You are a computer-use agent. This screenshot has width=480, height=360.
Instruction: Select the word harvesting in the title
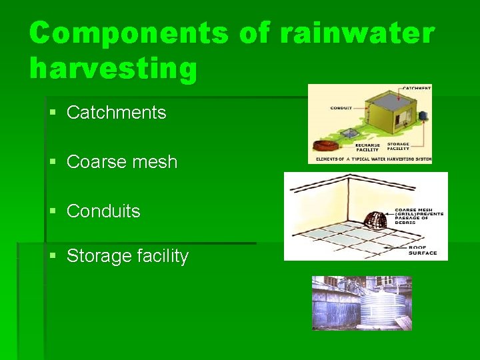[113, 69]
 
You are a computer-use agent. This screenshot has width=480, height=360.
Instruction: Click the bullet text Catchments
[116, 113]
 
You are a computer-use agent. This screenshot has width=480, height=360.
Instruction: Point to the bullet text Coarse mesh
[122, 162]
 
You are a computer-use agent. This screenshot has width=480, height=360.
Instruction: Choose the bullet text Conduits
[103, 211]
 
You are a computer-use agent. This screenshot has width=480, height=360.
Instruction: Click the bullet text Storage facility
[127, 256]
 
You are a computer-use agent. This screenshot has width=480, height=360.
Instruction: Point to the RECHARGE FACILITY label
[367, 147]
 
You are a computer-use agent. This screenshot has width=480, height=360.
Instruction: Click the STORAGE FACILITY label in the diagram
[399, 147]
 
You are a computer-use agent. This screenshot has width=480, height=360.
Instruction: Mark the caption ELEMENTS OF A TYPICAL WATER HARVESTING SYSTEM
[369, 159]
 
